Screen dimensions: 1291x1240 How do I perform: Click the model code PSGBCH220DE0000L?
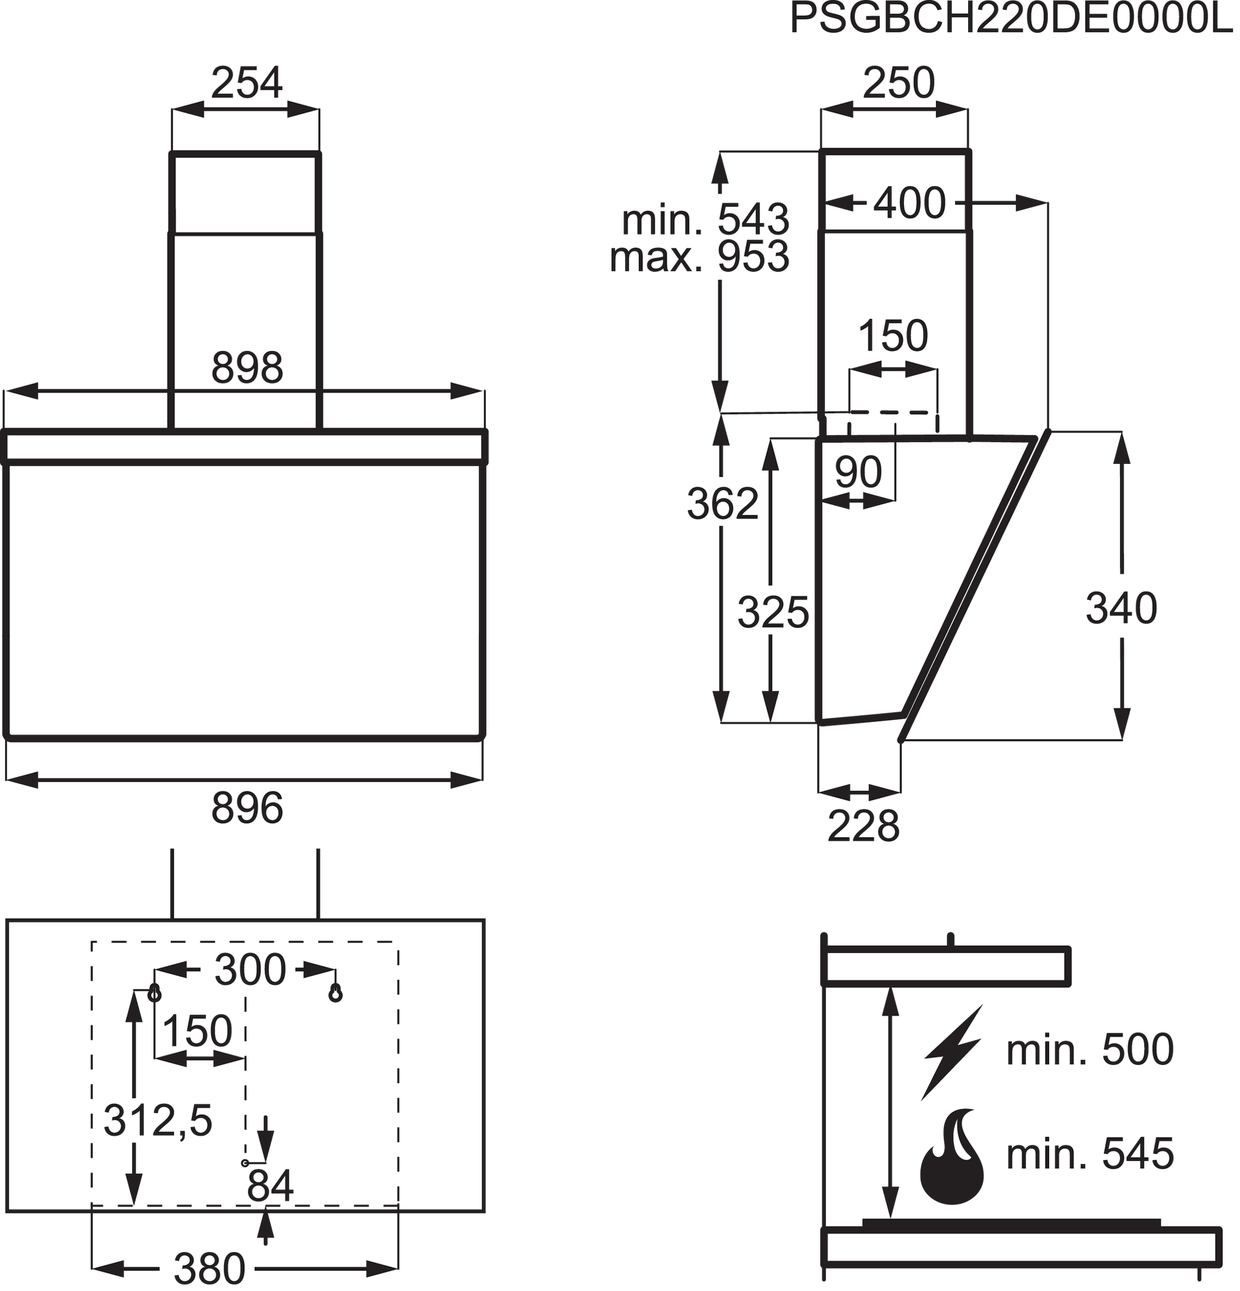pyautogui.click(x=1010, y=20)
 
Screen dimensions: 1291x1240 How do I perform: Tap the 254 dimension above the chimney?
pyautogui.click(x=246, y=83)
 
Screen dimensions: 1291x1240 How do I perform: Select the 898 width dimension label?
pyautogui.click(x=247, y=368)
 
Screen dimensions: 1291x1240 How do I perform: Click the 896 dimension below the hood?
pyautogui.click(x=247, y=809)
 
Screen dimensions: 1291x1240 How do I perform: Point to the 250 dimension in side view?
pyautogui.click(x=898, y=83)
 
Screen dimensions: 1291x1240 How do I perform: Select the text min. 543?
pyautogui.click(x=705, y=220)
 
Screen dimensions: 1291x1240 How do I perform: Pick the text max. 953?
pyautogui.click(x=699, y=258)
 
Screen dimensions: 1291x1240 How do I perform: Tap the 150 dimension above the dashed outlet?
pyautogui.click(x=893, y=336)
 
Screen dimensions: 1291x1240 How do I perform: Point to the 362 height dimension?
pyautogui.click(x=723, y=505)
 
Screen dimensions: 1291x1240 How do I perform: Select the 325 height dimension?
pyautogui.click(x=773, y=612)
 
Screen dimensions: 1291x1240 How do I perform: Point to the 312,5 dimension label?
pyautogui.click(x=158, y=1121)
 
